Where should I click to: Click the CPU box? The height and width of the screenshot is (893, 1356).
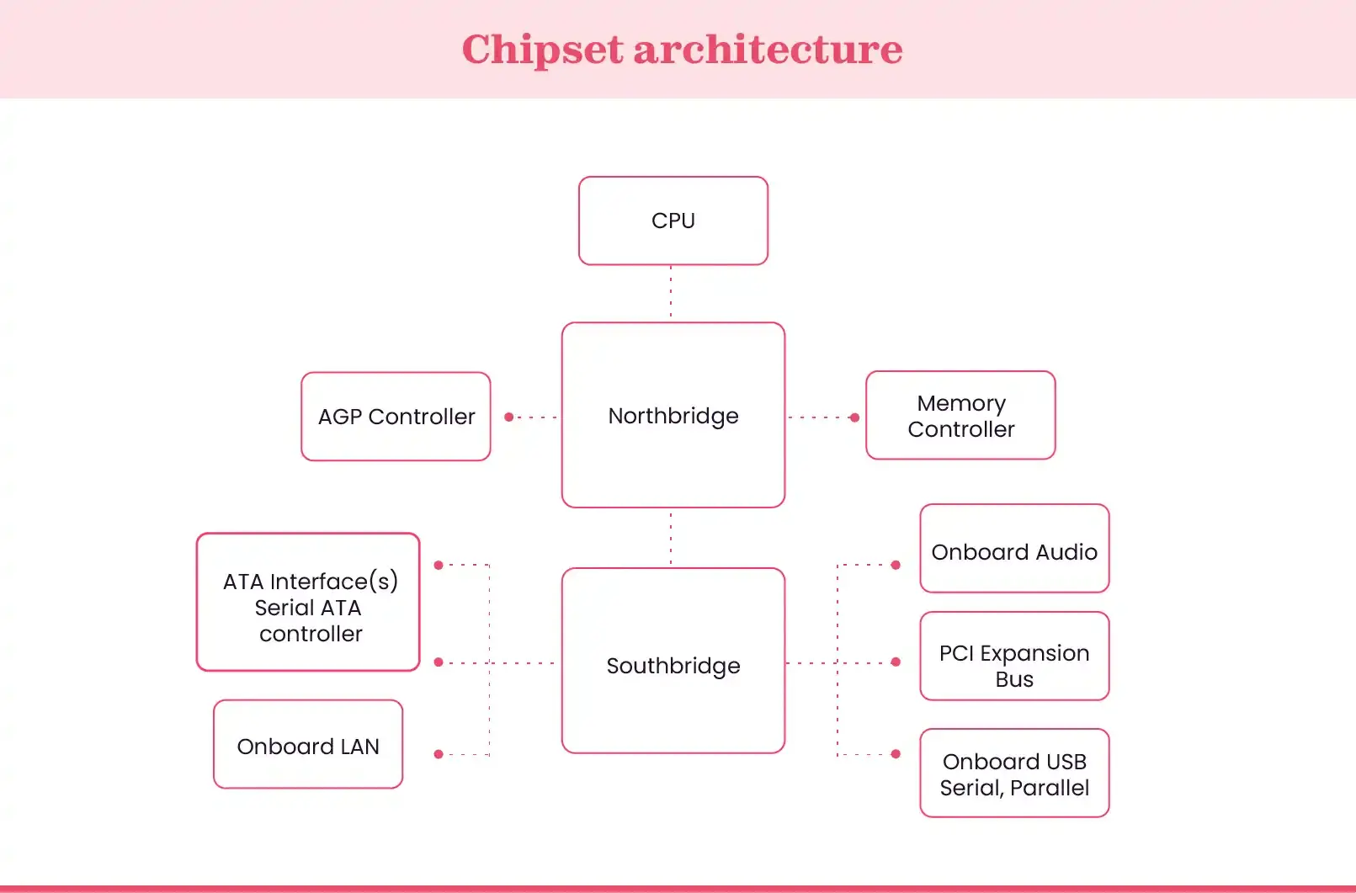(x=673, y=221)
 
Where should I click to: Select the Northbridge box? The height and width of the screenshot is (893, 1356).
(x=673, y=415)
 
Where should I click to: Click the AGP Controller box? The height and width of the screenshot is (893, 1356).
(x=396, y=417)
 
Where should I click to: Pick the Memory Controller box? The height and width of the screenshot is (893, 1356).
(x=960, y=416)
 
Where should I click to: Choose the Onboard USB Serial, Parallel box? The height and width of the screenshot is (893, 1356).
(x=1014, y=773)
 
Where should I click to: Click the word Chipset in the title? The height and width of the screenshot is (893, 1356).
(x=541, y=50)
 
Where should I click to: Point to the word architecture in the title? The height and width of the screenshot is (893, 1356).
(x=768, y=50)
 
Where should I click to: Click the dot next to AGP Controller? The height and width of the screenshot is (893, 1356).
(x=508, y=417)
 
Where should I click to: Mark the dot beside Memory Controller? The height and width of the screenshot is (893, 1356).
(x=854, y=417)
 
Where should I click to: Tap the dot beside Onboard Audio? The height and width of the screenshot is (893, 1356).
(x=896, y=565)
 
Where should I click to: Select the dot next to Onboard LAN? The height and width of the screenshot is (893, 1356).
(x=439, y=754)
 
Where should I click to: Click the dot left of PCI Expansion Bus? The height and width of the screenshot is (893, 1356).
(x=896, y=662)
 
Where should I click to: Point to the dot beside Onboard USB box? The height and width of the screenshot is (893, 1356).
(x=896, y=754)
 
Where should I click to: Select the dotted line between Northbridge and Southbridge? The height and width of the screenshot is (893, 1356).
(x=671, y=537)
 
